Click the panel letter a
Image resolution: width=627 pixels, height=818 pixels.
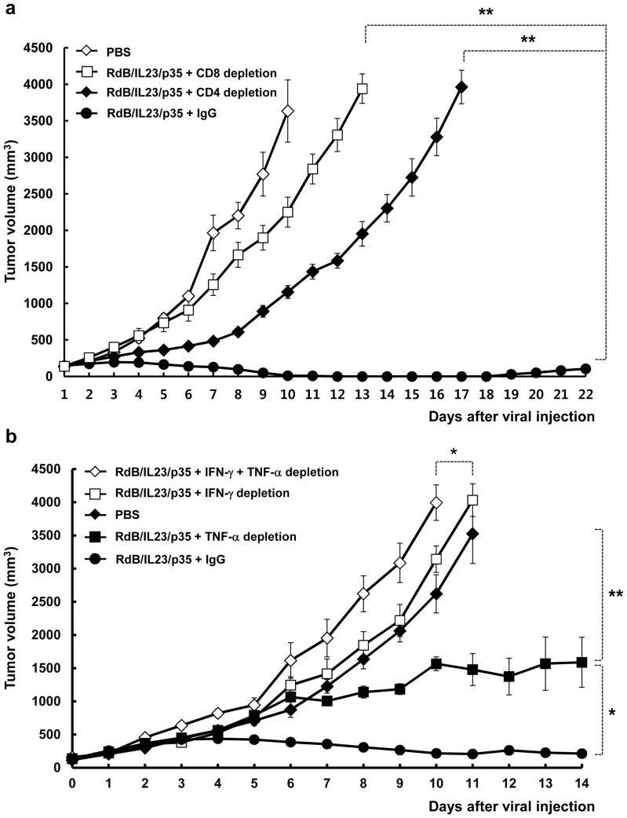click(x=7, y=9)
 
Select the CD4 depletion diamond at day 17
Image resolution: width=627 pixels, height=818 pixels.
click(x=461, y=87)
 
